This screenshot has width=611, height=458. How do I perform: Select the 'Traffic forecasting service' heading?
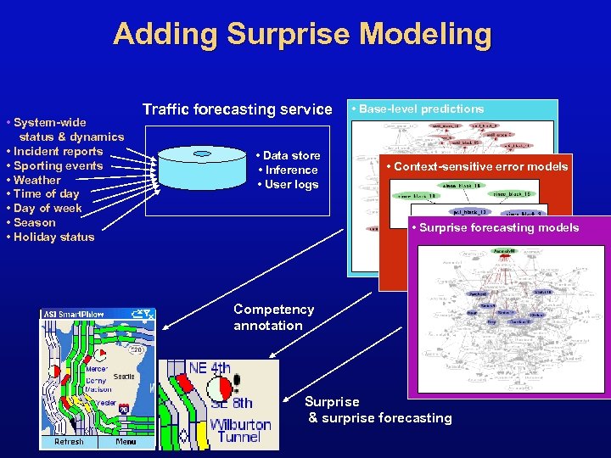coord(238,109)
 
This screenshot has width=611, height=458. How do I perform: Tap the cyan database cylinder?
coord(202,169)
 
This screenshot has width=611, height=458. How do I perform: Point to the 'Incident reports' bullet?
coord(58,151)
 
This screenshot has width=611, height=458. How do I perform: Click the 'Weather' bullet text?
coord(37,180)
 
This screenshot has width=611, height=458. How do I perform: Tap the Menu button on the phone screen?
coord(126,441)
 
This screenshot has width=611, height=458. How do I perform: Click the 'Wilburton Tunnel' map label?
coord(240,430)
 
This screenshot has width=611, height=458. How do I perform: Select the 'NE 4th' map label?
coord(209,368)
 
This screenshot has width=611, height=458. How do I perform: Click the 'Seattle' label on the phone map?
coord(124,377)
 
